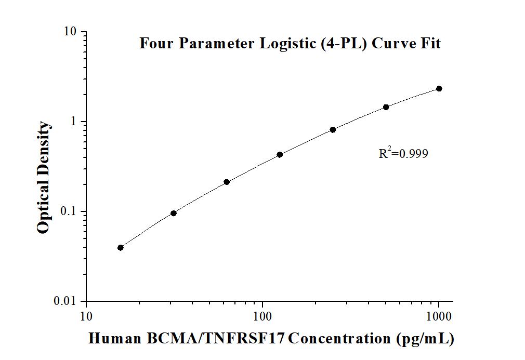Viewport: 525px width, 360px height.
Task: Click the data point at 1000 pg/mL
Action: pos(439,89)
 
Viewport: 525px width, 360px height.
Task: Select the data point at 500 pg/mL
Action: pos(386,107)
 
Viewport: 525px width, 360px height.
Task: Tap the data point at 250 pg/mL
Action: pos(333,129)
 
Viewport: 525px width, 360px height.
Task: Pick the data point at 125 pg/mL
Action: pos(280,154)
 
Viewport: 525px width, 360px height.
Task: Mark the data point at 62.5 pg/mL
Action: pos(227,182)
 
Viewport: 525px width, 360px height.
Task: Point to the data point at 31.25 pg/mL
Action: pos(174,213)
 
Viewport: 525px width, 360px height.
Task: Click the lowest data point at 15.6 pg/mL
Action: pos(121,248)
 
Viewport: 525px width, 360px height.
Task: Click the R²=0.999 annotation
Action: pos(403,153)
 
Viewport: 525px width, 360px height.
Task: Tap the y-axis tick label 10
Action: pos(70,32)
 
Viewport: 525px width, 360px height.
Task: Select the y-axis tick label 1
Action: pos(74,122)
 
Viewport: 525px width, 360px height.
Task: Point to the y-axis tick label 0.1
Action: pos(68,211)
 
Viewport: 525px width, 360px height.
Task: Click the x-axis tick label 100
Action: pos(262,316)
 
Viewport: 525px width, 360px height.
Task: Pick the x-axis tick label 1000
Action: pos(439,316)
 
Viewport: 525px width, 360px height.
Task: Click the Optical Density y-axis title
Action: pos(44,178)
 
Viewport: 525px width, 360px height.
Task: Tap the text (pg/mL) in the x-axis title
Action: pos(425,339)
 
